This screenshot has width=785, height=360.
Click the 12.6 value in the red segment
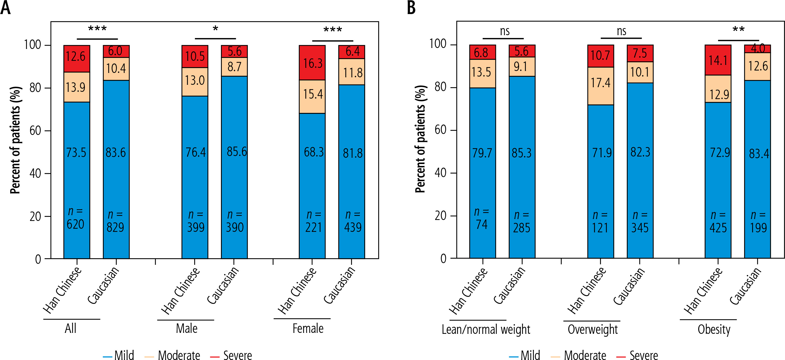click(x=76, y=57)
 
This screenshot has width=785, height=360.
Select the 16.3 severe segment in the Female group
click(x=312, y=63)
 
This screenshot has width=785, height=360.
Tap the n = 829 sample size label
click(x=115, y=221)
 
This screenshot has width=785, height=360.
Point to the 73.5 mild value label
click(x=76, y=152)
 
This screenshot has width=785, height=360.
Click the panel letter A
click(x=6, y=8)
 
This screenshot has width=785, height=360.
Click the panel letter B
click(x=411, y=8)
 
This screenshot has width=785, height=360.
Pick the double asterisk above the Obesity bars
click(x=738, y=30)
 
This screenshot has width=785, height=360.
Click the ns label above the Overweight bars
click(x=621, y=31)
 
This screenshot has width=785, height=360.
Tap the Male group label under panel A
click(x=186, y=328)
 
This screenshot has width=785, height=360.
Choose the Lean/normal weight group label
click(x=486, y=329)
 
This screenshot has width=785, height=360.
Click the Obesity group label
click(x=714, y=329)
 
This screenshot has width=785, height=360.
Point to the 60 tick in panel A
click(x=35, y=131)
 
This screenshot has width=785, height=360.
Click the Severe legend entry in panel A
click(x=232, y=355)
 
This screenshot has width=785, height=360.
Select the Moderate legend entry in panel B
click(x=579, y=355)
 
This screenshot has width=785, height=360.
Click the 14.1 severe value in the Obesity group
click(x=718, y=60)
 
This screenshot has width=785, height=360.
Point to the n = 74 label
click(x=481, y=218)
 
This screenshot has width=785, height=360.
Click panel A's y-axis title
click(x=15, y=140)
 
